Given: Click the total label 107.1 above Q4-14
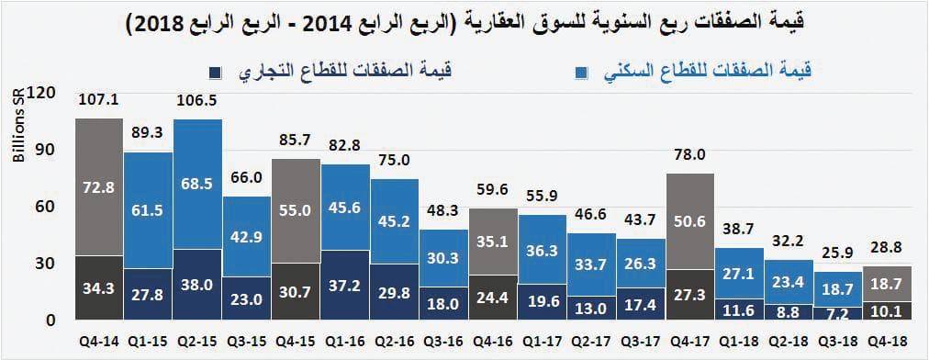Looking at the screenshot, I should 98,99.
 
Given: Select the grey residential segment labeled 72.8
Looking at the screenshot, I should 98,187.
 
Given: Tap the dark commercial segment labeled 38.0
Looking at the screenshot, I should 197,285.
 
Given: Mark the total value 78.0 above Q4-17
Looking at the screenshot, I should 692,155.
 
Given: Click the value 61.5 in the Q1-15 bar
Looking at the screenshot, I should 148,211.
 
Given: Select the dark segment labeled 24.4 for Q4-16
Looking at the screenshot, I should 494,298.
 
